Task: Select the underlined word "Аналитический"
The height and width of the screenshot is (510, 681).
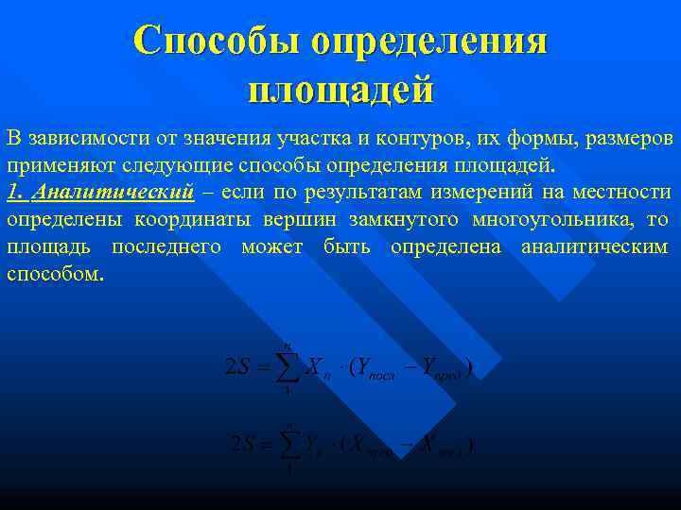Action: (x=113, y=193)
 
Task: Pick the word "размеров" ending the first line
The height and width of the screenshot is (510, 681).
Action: (x=630, y=139)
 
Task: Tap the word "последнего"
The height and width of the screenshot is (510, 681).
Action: (x=166, y=247)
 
